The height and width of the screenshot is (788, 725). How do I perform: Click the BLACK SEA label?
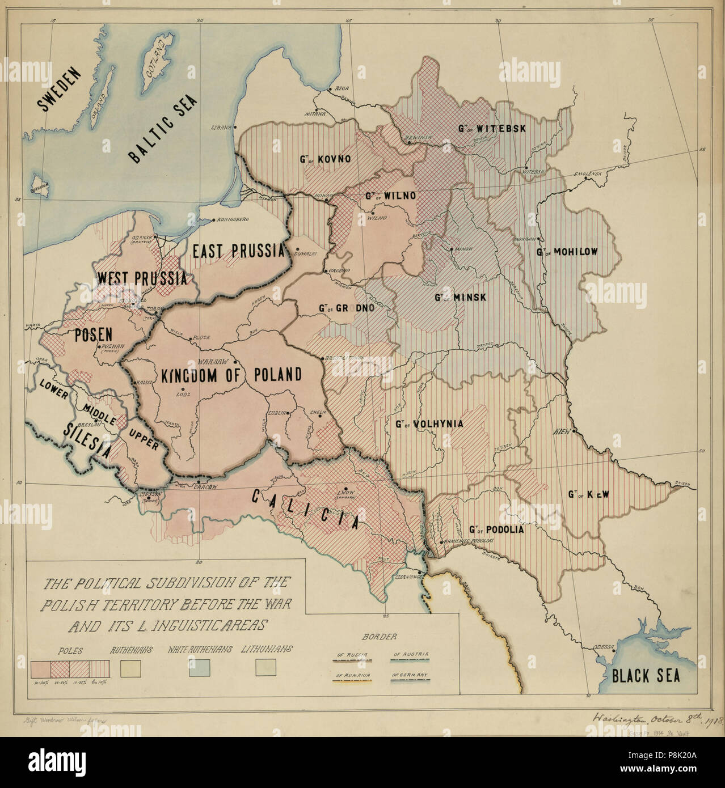click(646, 676)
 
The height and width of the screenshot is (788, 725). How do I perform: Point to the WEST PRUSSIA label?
click(141, 278)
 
